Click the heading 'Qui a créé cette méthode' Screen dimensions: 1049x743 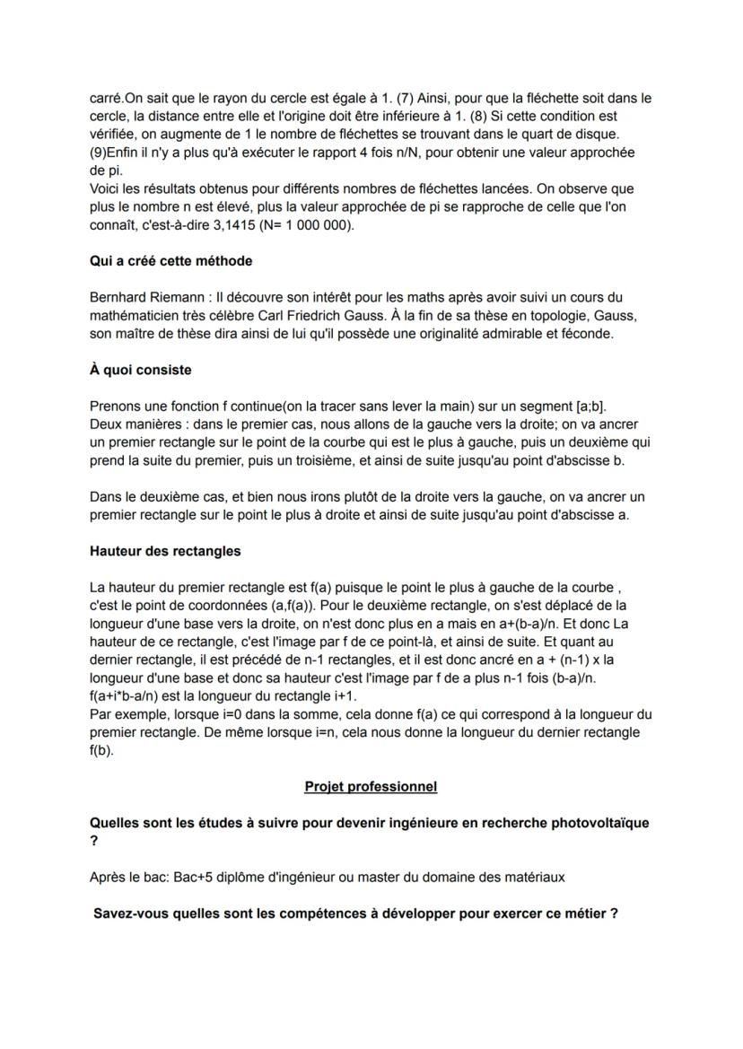[x=171, y=261]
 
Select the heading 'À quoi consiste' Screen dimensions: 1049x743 [x=141, y=370]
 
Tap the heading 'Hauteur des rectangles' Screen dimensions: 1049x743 [x=165, y=551]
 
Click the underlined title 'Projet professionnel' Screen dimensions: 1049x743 [x=371, y=786]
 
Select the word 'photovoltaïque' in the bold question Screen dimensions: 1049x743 [x=598, y=822]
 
